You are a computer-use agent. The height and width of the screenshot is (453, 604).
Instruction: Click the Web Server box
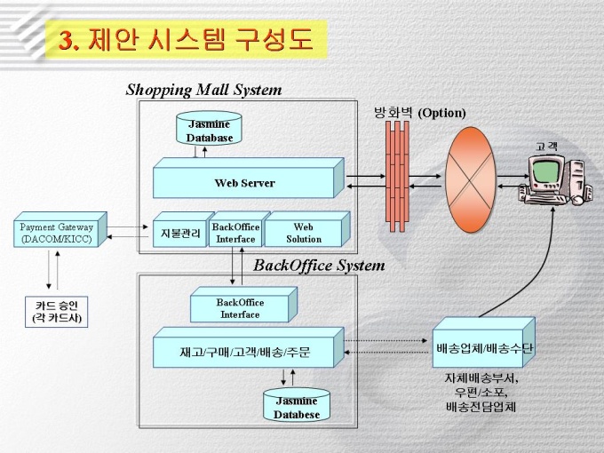point(244,182)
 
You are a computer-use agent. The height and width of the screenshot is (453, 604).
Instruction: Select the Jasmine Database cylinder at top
point(210,131)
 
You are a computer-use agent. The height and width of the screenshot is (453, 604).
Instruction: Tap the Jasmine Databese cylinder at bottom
point(297,408)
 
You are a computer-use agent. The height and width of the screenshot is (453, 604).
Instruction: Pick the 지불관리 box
point(180,234)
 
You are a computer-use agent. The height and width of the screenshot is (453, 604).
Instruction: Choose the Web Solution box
point(303,233)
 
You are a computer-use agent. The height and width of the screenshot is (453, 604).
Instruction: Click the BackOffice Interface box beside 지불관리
point(235,233)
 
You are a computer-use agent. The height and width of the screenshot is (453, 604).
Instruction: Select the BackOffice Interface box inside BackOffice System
point(240,308)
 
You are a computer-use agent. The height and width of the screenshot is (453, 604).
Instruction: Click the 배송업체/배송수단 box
point(483,347)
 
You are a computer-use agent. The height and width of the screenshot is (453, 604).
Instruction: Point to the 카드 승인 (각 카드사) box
point(57,313)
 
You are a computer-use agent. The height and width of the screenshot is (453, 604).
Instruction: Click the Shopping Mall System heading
point(203,90)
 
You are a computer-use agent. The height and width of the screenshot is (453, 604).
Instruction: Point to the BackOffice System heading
point(319,265)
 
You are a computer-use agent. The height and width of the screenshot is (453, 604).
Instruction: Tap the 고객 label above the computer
point(545,145)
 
